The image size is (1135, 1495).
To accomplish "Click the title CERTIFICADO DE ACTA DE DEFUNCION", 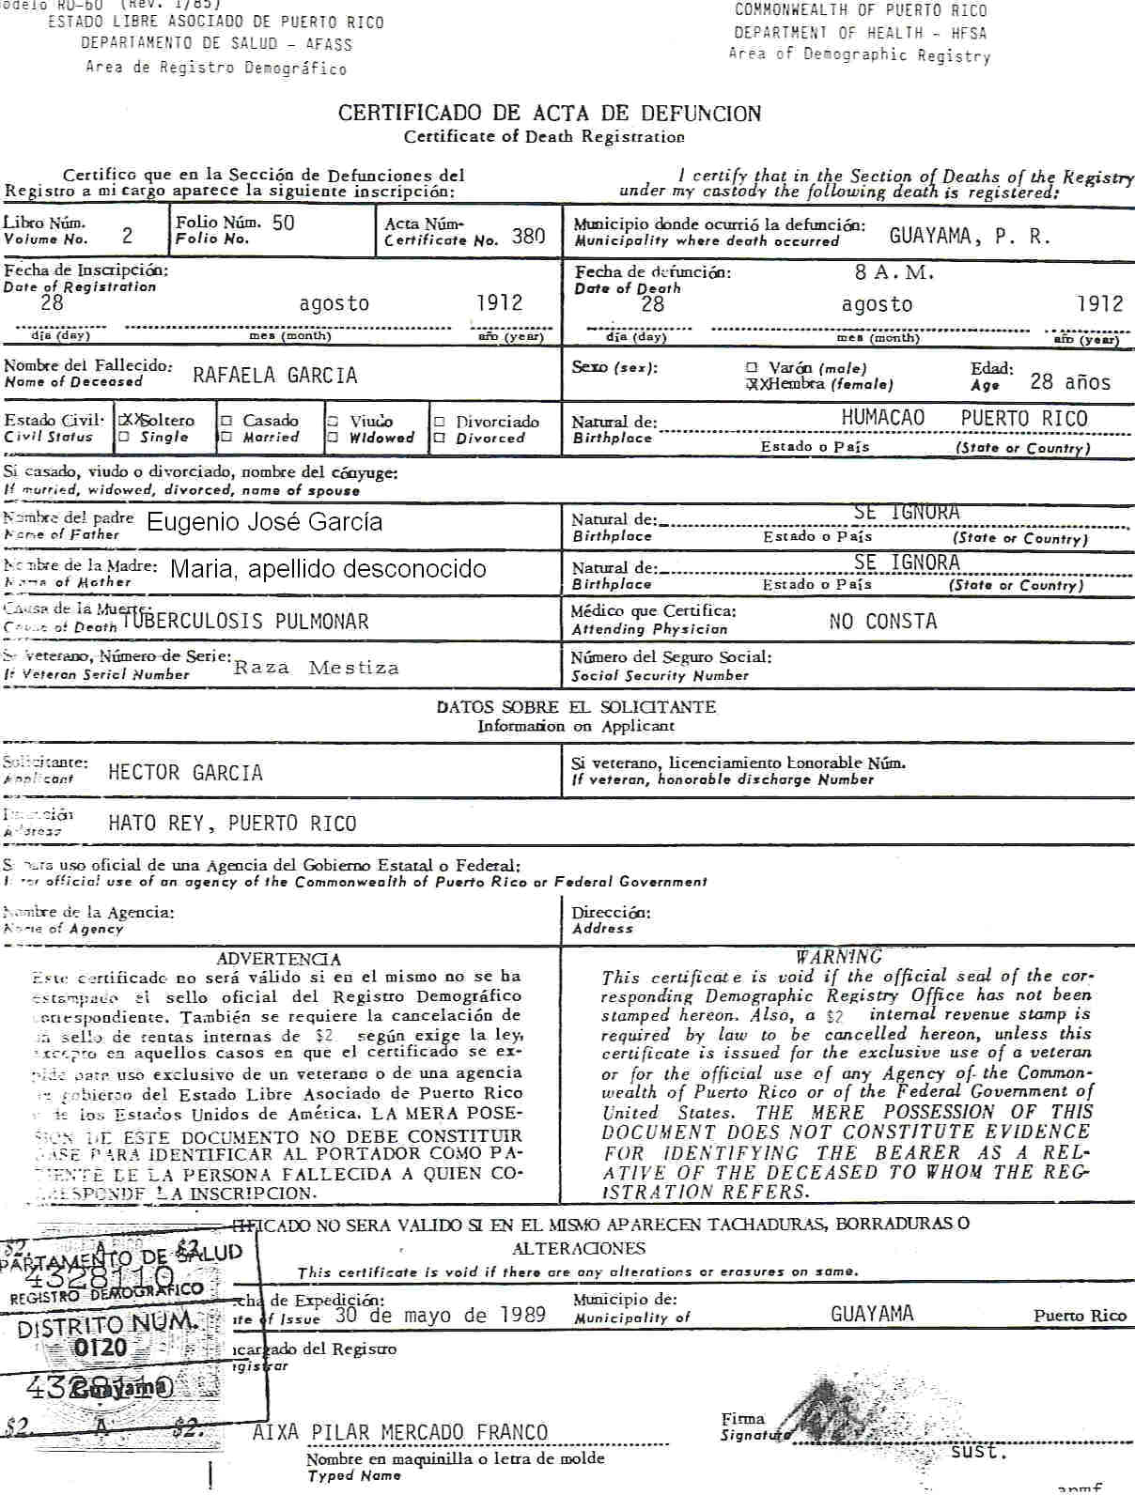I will point(550,114).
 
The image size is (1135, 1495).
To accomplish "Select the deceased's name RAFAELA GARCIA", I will point(275,376).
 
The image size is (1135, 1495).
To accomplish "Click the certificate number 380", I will point(529,237).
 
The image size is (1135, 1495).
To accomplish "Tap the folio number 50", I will point(283,223).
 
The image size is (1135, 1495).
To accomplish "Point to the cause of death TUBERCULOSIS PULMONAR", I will point(245,621).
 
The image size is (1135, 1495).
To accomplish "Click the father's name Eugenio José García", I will point(265,522).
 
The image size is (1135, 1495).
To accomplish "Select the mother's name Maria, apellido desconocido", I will point(328,569).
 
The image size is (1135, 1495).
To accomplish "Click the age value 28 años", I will point(1070,382).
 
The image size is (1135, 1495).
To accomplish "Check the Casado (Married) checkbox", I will point(225,422).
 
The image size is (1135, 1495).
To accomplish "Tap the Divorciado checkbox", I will point(439,422).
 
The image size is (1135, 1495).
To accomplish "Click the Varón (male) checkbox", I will point(752,368).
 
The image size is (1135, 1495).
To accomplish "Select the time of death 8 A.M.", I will point(894,273).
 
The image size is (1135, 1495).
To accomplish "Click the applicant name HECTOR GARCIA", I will point(185,773).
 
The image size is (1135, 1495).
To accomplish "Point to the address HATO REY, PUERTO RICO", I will point(232,824).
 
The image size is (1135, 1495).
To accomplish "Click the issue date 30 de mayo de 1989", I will point(440,1315).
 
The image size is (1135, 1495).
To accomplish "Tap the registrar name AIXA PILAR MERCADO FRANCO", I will point(400,1432).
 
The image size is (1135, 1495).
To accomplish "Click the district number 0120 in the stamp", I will point(101,1348).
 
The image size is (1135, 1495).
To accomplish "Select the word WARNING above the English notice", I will point(838,957).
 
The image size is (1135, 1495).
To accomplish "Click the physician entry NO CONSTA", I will point(883,621).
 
